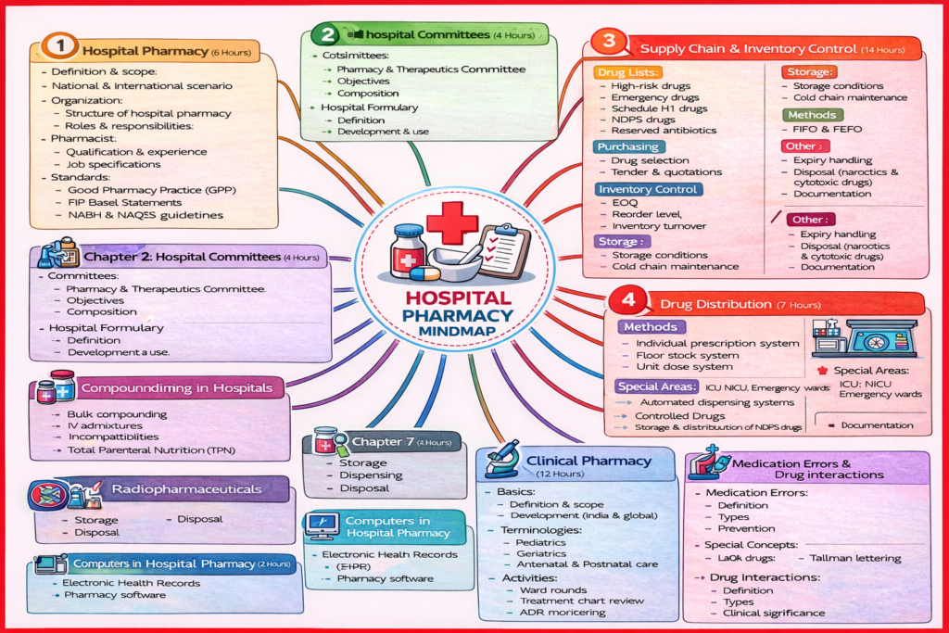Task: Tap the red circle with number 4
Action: click(627, 302)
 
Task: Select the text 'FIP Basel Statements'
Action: click(124, 202)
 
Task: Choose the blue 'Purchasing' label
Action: click(628, 146)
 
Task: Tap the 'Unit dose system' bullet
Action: click(683, 367)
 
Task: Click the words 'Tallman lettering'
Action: click(854, 558)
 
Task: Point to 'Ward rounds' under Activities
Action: click(553, 589)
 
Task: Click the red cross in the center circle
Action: click(452, 222)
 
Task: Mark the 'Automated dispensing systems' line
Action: click(715, 402)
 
